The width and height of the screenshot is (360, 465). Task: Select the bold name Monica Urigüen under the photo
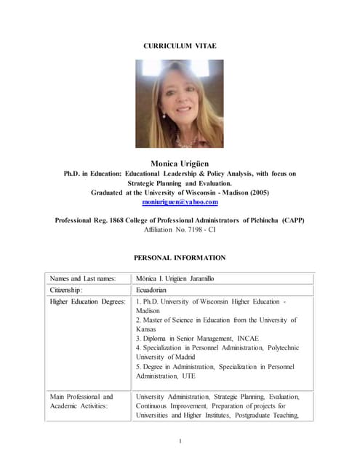pyautogui.click(x=180, y=163)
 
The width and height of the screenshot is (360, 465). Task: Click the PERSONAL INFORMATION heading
pyautogui.click(x=180, y=257)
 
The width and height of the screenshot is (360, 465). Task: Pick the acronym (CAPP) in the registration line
pyautogui.click(x=292, y=219)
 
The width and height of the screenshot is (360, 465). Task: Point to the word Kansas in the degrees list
pyautogui.click(x=148, y=329)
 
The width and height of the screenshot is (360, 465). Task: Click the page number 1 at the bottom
pyautogui.click(x=180, y=441)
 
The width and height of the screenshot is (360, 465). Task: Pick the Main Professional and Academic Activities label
pyautogui.click(x=81, y=401)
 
